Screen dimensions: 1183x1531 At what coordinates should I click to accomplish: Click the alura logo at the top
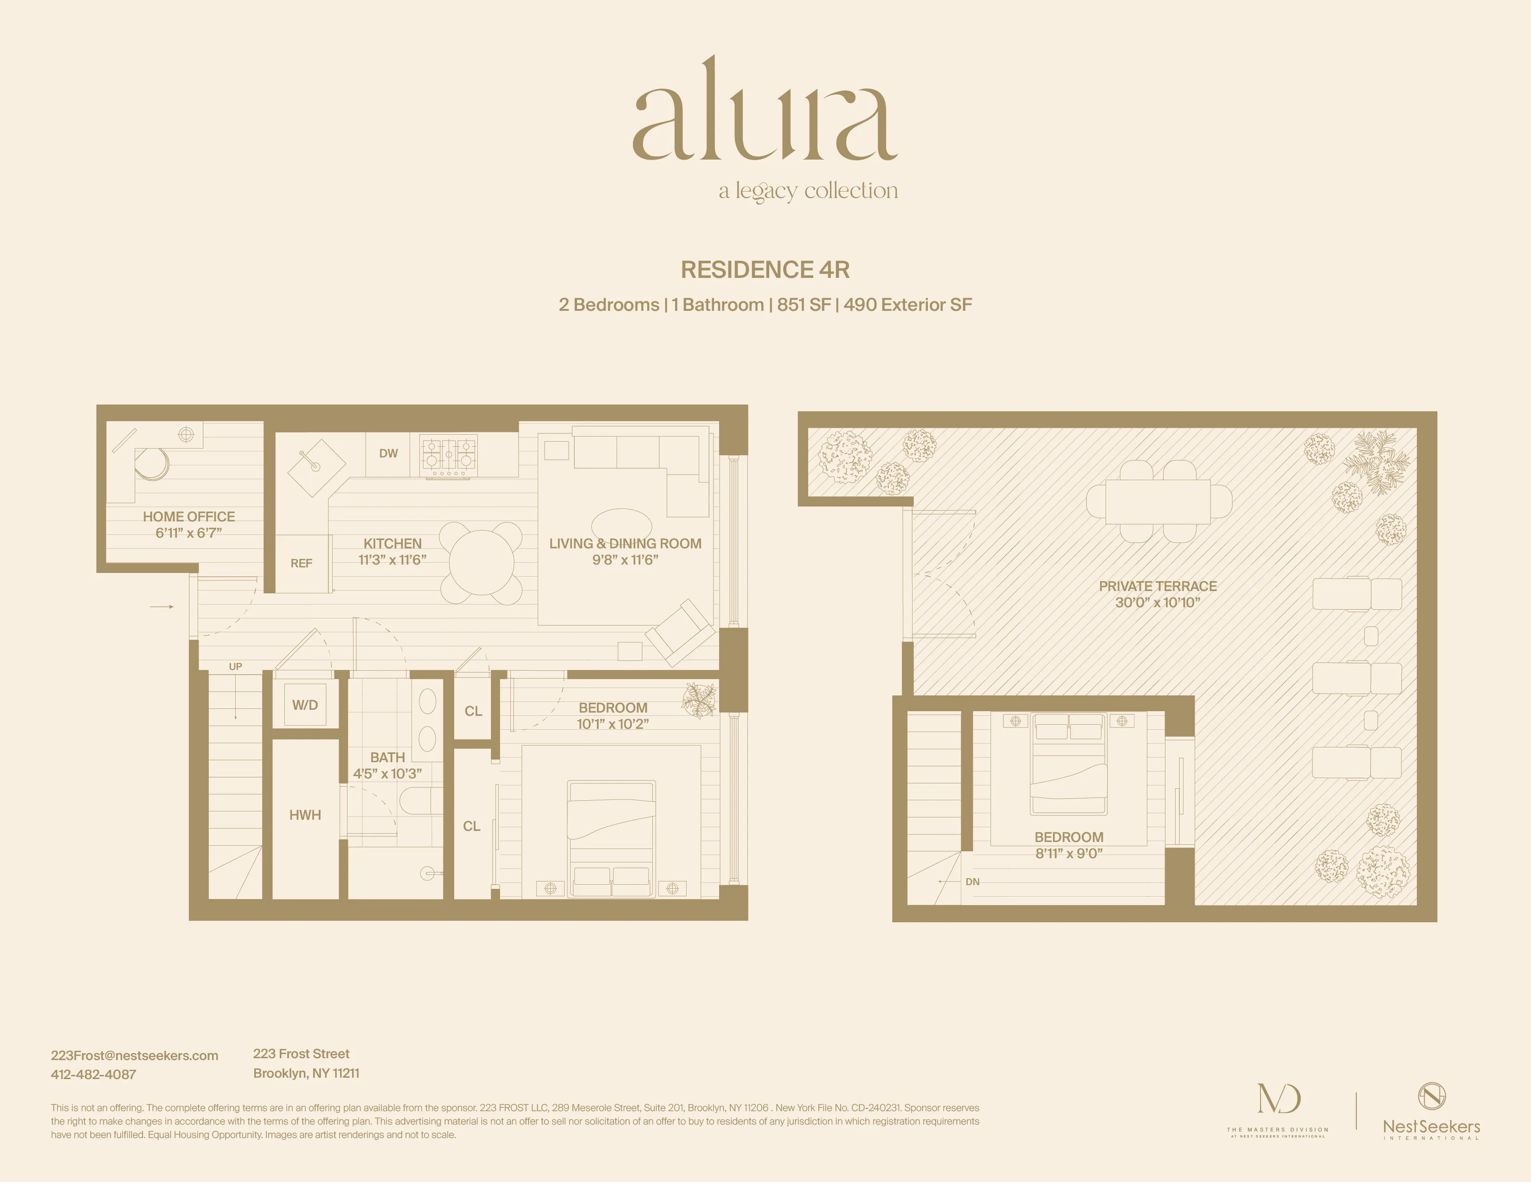pos(765,112)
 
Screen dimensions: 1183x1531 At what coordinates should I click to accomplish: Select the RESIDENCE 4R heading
pos(765,270)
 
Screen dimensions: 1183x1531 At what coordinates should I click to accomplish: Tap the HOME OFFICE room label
pos(188,516)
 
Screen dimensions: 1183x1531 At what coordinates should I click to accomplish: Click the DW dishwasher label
pos(388,453)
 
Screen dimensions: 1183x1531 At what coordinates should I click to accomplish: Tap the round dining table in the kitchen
pos(482,562)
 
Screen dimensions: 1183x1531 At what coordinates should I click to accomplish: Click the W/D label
pos(305,705)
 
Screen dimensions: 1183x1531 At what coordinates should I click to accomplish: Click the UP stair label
pos(236,667)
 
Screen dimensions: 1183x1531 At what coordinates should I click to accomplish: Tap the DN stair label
pos(972,881)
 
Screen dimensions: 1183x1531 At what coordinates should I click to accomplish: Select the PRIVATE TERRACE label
pos(1158,586)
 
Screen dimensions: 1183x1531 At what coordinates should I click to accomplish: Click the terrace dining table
pos(1158,501)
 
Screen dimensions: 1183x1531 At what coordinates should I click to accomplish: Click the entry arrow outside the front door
pos(162,606)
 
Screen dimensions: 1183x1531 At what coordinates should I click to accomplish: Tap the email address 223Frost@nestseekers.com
pos(135,1055)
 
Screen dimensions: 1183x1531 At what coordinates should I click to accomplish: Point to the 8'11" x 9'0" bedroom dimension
pos(1069,854)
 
